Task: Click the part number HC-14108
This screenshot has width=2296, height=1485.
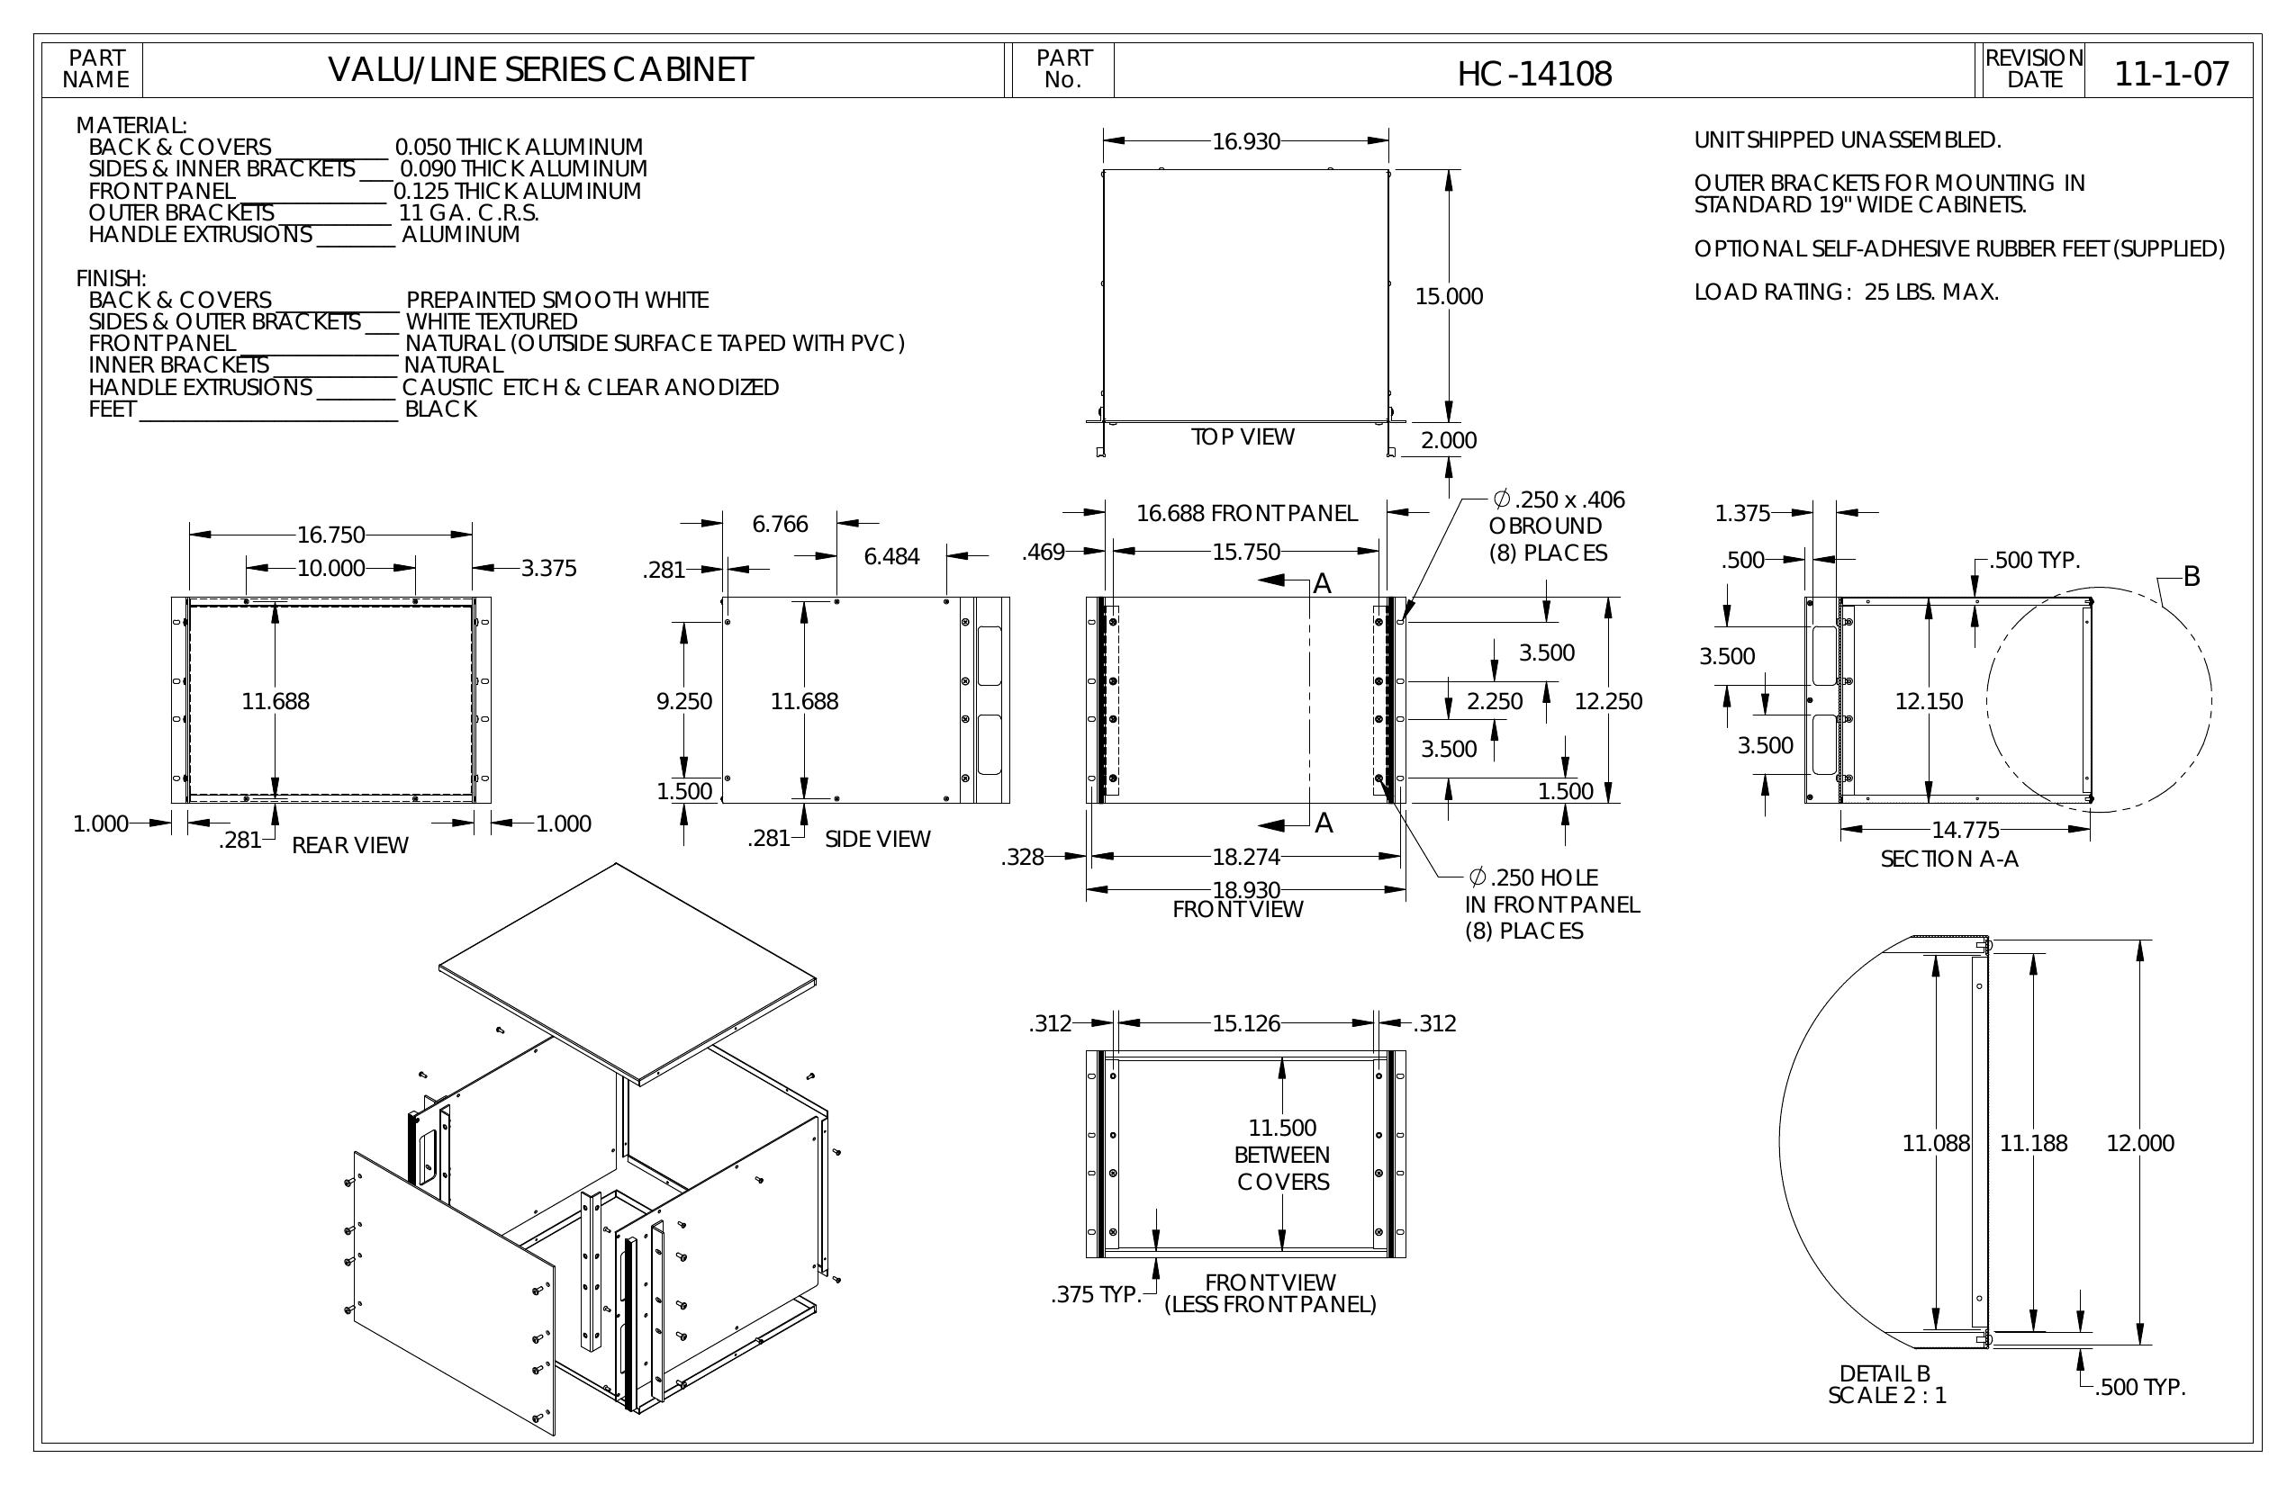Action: click(1534, 73)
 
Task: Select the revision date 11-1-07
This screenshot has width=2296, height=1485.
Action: click(2172, 73)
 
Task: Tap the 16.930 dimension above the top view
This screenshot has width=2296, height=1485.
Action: click(1245, 142)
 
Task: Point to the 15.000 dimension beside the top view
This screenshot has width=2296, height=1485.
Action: click(1449, 296)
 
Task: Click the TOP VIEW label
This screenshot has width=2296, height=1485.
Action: click(1243, 436)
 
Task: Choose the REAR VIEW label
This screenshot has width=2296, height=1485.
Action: click(350, 846)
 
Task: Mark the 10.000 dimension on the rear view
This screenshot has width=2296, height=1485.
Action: click(331, 568)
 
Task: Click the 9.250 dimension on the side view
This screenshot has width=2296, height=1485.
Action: click(684, 701)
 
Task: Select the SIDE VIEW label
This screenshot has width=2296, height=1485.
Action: click(878, 839)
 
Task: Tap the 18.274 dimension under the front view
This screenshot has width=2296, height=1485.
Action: click(1246, 856)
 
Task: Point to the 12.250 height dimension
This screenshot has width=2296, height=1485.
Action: click(1608, 701)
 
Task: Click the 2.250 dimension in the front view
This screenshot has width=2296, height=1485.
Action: click(1495, 701)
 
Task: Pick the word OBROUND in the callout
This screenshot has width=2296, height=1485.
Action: click(1544, 526)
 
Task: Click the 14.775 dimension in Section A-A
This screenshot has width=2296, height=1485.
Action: click(1965, 829)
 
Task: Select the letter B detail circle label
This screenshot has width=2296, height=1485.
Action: click(2192, 577)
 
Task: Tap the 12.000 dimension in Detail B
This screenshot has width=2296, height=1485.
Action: click(2139, 1143)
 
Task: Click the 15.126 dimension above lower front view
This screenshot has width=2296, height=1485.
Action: click(1245, 1023)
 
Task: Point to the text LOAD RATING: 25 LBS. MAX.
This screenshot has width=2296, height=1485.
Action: click(1847, 292)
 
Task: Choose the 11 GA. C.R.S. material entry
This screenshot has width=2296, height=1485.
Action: click(469, 213)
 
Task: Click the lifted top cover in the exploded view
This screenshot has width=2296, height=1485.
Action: click(627, 974)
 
